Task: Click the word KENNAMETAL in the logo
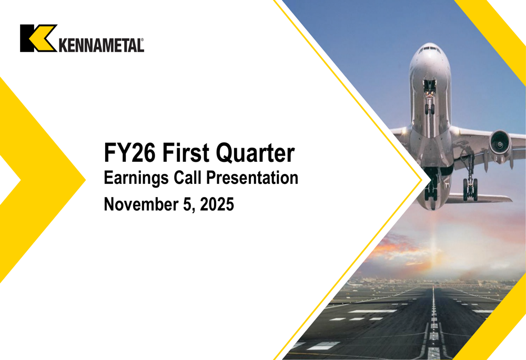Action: coord(100,45)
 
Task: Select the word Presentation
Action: coord(252,178)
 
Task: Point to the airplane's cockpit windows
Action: coord(430,49)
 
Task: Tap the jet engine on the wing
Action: coord(500,143)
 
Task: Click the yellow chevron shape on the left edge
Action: coord(37,179)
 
